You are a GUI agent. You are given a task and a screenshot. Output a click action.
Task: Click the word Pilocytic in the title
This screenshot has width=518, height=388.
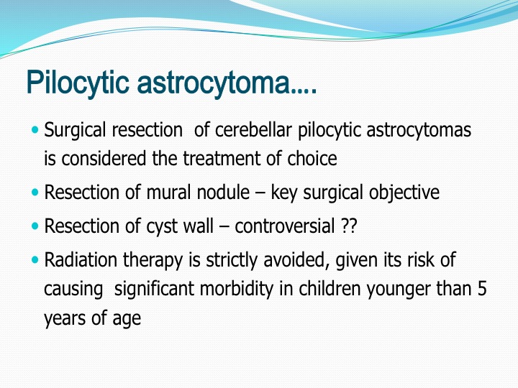click(77, 83)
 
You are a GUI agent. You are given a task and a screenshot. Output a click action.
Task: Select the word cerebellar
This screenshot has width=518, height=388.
click(253, 129)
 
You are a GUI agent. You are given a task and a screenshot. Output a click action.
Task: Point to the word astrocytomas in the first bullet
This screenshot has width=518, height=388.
click(419, 130)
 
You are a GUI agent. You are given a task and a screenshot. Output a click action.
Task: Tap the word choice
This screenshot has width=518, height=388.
click(312, 158)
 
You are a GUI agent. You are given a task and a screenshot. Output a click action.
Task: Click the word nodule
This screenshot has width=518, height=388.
click(223, 193)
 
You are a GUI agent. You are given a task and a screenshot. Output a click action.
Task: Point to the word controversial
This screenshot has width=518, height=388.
click(285, 226)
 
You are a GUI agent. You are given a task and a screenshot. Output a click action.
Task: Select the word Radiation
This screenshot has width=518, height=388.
click(81, 259)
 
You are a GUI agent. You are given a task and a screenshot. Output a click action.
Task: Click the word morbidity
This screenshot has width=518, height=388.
click(237, 289)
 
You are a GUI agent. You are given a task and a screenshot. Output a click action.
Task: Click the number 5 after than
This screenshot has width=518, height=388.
click(482, 288)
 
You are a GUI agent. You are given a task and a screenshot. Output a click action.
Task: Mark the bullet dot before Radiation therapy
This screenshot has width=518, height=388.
click(35, 259)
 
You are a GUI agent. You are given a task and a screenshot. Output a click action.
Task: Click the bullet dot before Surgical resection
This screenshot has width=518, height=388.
click(35, 129)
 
